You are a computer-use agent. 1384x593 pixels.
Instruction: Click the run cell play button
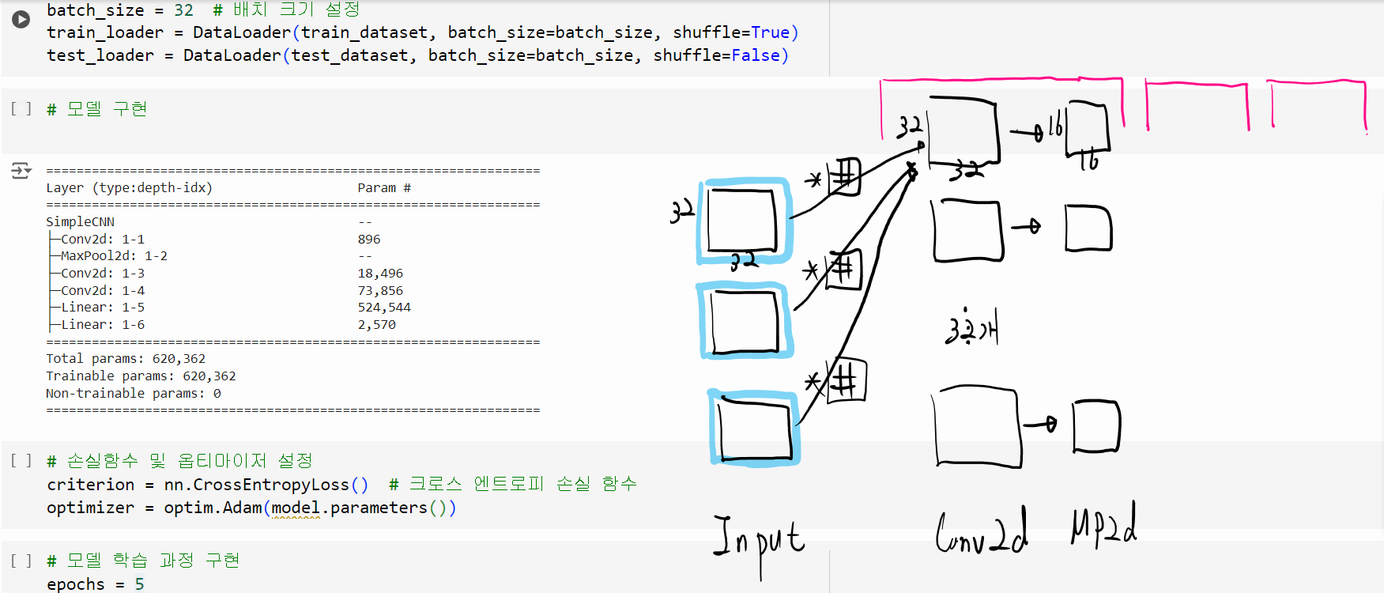[21, 19]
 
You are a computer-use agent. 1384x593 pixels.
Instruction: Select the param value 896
[368, 239]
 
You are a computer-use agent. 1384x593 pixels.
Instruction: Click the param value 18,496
[380, 274]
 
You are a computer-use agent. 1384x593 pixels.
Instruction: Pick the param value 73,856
[380, 291]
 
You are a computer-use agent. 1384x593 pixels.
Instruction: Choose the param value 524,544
[384, 308]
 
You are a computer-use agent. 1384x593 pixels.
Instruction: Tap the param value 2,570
[376, 325]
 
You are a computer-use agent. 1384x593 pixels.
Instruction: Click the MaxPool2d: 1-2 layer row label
[114, 256]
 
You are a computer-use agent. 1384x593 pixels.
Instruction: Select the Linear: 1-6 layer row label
[103, 325]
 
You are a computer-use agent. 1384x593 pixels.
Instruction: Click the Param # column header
[384, 188]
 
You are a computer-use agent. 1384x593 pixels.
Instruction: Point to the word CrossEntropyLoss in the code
[271, 485]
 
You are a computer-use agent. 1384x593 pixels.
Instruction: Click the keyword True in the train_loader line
[770, 32]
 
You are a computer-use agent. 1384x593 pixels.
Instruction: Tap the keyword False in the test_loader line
[756, 55]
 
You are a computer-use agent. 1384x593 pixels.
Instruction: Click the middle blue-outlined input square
[745, 322]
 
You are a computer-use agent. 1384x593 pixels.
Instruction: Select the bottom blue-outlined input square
[755, 428]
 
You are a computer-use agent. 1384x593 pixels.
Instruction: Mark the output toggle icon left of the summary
[21, 170]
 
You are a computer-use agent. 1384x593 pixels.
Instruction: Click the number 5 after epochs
[139, 584]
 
